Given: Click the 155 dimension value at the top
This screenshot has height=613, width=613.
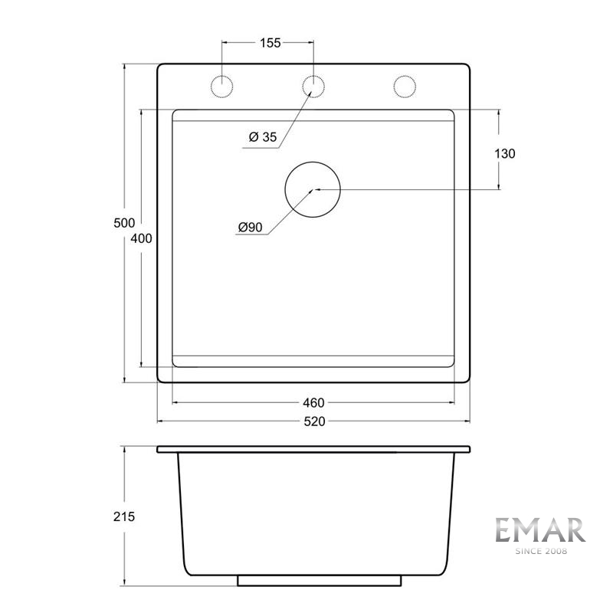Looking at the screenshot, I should [269, 43].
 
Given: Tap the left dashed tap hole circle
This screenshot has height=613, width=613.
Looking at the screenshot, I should [222, 86].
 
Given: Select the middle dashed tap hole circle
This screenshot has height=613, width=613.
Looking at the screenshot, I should [313, 86].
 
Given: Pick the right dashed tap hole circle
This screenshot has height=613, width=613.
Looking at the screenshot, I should [404, 86].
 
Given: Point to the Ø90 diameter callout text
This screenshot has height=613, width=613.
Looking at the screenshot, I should [251, 228].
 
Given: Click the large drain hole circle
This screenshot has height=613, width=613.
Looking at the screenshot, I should [313, 188].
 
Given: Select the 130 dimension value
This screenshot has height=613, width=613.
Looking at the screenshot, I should [505, 153].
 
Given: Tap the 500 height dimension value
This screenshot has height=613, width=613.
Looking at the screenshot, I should [124, 223].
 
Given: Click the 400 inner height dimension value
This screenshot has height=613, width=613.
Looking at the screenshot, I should [142, 238].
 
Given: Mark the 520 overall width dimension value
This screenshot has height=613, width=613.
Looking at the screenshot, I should [314, 421].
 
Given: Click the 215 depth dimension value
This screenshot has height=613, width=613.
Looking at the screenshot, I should [124, 516].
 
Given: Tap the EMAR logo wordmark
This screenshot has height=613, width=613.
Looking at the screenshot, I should [539, 530].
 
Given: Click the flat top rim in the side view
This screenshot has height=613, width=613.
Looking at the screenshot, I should [313, 449].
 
